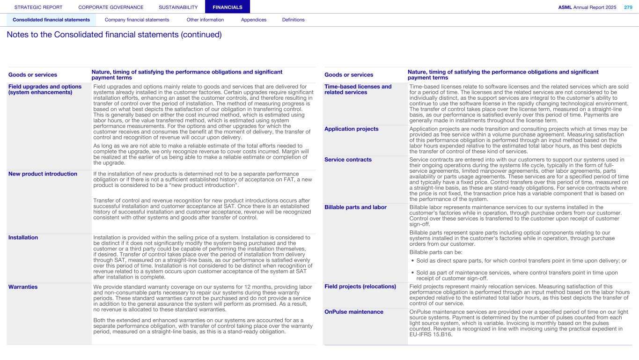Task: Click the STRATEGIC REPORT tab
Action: click(x=38, y=7)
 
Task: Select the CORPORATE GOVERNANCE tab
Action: click(x=111, y=7)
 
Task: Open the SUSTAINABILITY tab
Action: click(x=178, y=7)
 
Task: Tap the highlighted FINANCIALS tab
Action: click(x=228, y=7)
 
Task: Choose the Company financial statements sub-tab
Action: click(x=137, y=20)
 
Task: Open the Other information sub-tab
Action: click(x=205, y=20)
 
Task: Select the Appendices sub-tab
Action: click(x=254, y=20)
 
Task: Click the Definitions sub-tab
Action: click(x=293, y=20)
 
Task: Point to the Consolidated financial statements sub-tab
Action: click(x=51, y=20)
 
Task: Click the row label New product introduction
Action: click(x=43, y=174)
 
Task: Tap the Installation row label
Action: click(x=23, y=237)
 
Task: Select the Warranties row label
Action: click(x=23, y=287)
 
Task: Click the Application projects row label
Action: click(x=352, y=129)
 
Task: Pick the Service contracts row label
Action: click(x=348, y=160)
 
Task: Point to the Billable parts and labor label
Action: click(x=355, y=207)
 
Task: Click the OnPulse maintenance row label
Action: click(x=353, y=312)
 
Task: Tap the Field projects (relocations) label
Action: click(x=360, y=287)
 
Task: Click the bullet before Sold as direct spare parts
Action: click(x=412, y=261)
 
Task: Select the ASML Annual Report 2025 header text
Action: click(x=587, y=7)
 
